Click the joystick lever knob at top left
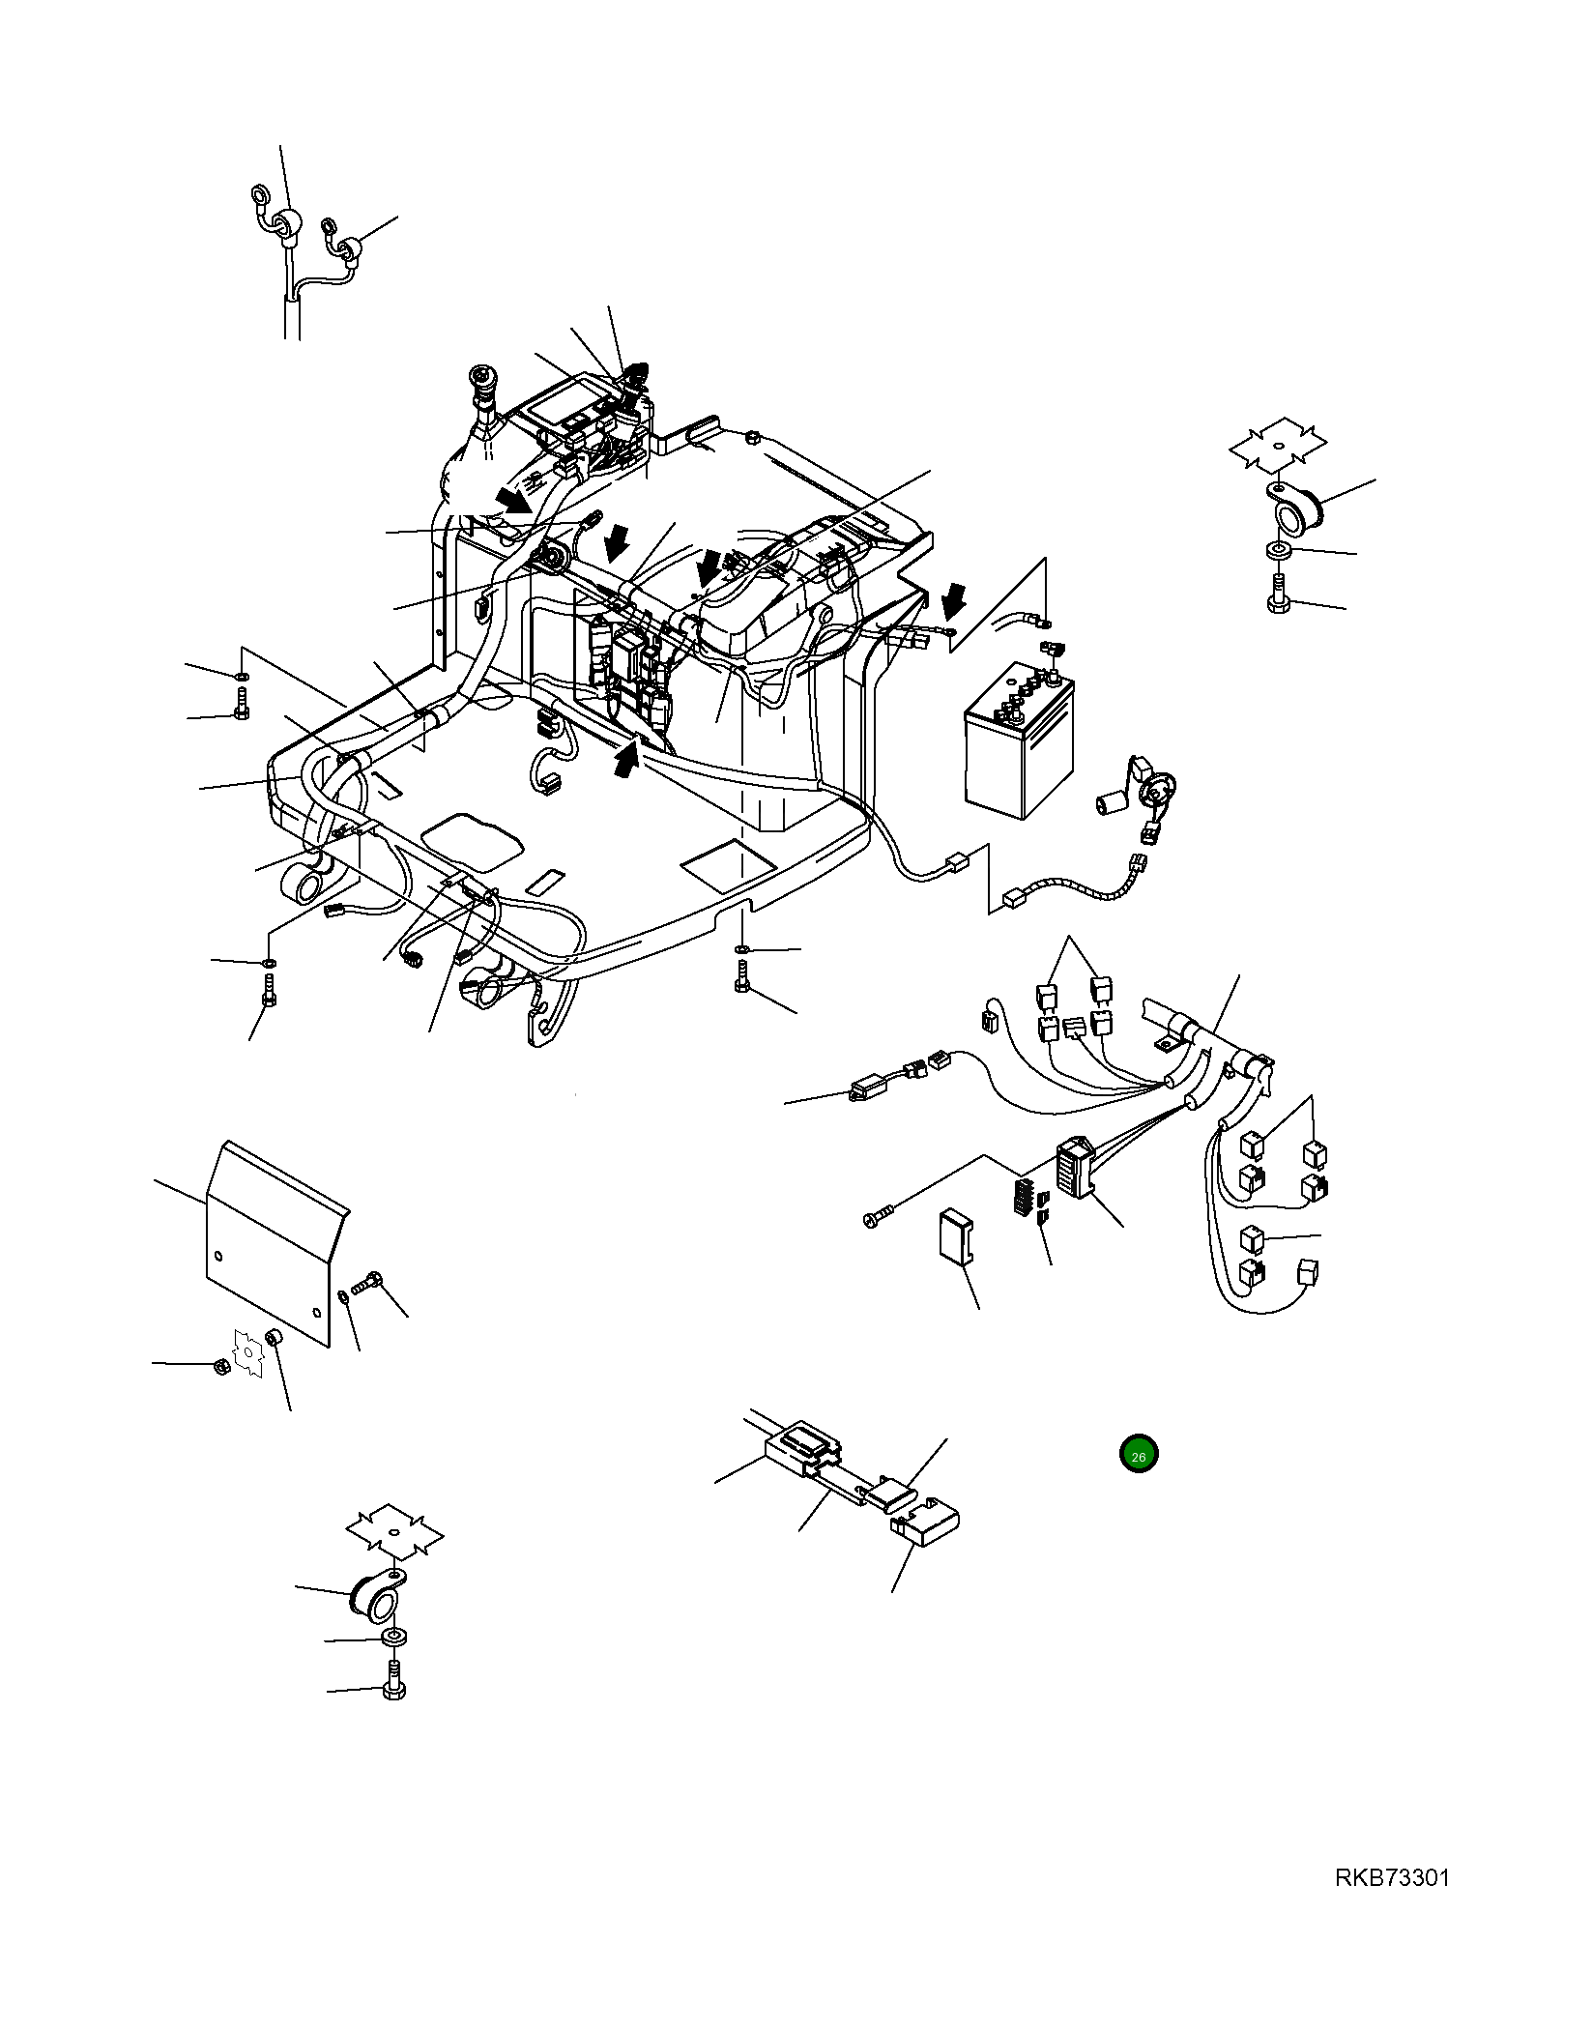tap(479, 380)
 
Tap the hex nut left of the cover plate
tap(221, 1367)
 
